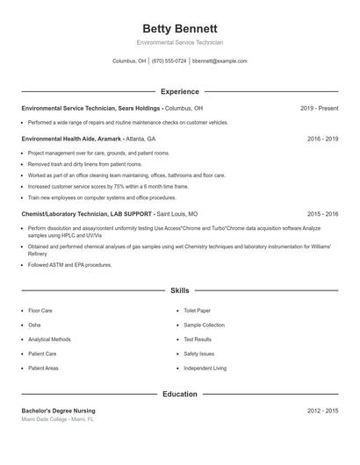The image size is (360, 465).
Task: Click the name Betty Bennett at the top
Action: [x=179, y=28]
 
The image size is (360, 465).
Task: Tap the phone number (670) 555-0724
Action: [x=169, y=61]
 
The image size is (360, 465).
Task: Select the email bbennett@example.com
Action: [x=220, y=61]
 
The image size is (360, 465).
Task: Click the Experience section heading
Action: [x=179, y=91]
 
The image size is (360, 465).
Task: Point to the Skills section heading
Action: [x=179, y=290]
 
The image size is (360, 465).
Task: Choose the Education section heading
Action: [x=179, y=394]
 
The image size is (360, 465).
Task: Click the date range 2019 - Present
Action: [x=319, y=108]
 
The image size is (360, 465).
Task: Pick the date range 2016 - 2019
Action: [x=322, y=139]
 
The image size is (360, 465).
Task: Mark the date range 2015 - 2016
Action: [x=322, y=213]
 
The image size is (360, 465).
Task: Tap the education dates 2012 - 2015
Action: [x=322, y=411]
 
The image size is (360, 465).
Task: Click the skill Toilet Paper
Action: [x=198, y=311]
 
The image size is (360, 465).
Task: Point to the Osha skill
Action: [x=34, y=325]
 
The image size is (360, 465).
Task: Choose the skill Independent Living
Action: [x=205, y=368]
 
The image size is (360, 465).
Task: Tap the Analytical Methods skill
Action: [x=49, y=340]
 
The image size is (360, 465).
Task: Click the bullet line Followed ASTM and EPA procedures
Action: [x=70, y=264]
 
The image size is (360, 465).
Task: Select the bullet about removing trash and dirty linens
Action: [x=77, y=164]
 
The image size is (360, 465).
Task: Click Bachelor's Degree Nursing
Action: [x=58, y=411]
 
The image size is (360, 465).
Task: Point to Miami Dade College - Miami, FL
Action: [x=57, y=419]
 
